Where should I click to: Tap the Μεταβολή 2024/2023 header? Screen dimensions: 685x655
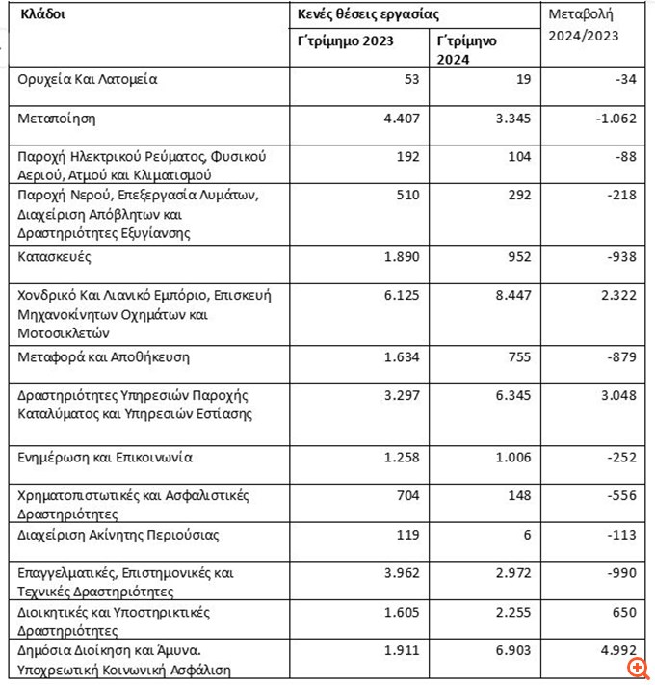[x=583, y=26]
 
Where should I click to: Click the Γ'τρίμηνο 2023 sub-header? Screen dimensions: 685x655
[x=345, y=41]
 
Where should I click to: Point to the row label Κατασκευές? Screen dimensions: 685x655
[x=57, y=257]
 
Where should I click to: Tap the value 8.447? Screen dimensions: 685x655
[x=507, y=295]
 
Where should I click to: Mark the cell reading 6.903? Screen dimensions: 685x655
[x=507, y=651]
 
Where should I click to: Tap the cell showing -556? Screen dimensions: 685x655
[x=619, y=495]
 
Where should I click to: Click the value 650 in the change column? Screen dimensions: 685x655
[x=623, y=612]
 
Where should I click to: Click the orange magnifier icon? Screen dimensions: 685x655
[x=636, y=667]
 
